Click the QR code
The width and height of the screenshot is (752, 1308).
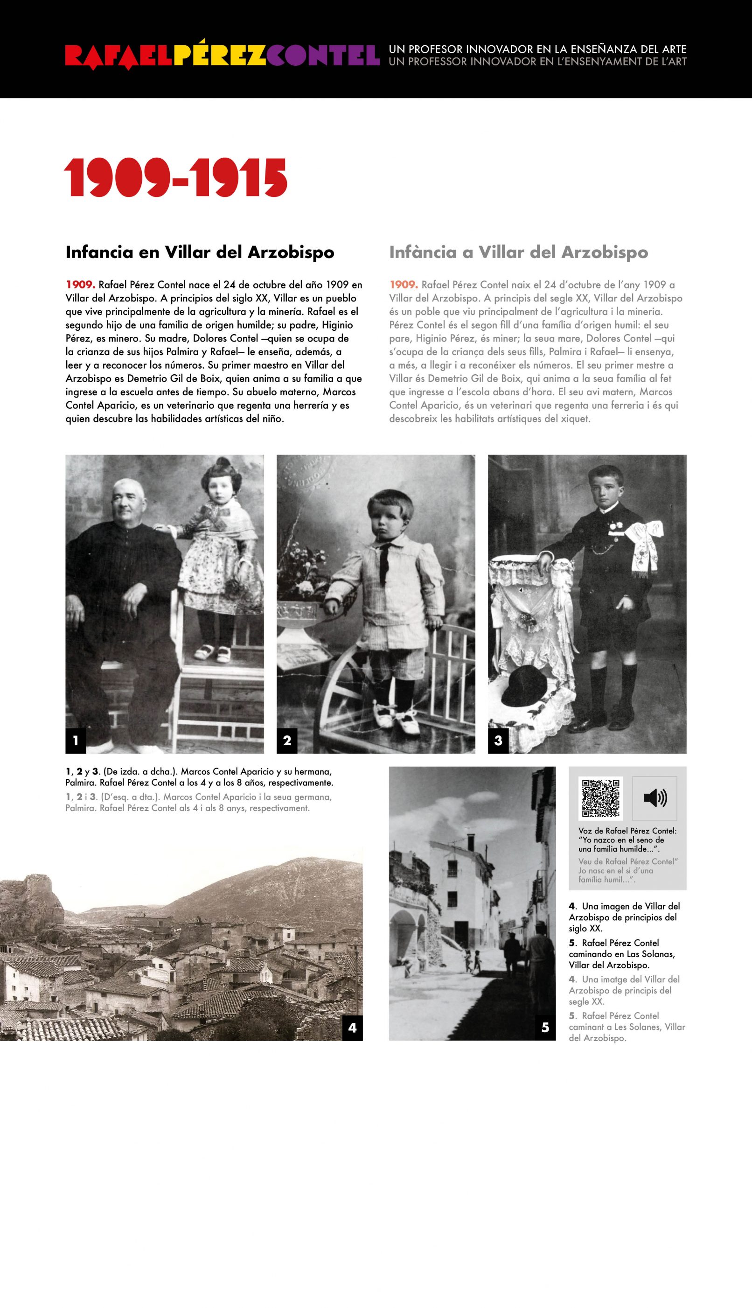coord(600,798)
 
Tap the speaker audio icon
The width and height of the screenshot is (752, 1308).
coord(655,798)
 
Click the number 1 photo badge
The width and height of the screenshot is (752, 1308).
coord(76,740)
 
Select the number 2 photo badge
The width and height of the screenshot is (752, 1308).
coord(286,740)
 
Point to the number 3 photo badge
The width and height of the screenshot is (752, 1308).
coord(498,740)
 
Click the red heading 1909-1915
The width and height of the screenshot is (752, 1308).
coord(175,178)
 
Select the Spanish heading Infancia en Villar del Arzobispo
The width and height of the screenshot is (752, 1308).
coord(200,252)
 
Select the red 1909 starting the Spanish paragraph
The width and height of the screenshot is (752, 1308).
coord(80,285)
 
